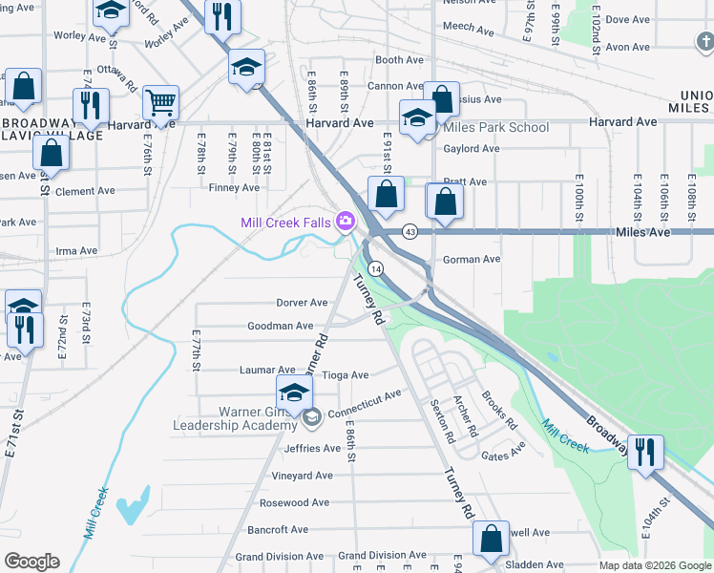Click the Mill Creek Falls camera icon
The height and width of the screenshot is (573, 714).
344,223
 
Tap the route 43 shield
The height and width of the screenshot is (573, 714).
409,232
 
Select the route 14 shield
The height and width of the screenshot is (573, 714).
377,269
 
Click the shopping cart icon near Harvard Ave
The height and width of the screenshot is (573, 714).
161,102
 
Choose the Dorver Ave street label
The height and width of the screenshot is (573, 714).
302,303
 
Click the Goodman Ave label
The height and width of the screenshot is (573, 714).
281,326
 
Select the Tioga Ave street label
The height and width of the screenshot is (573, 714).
345,375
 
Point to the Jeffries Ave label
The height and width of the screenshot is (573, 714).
312,448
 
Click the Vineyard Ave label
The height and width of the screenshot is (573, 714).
302,475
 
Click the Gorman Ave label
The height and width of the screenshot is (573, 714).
472,259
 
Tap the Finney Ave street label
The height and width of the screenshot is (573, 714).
234,188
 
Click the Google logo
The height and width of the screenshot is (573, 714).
31,562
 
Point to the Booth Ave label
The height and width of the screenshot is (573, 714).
399,60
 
